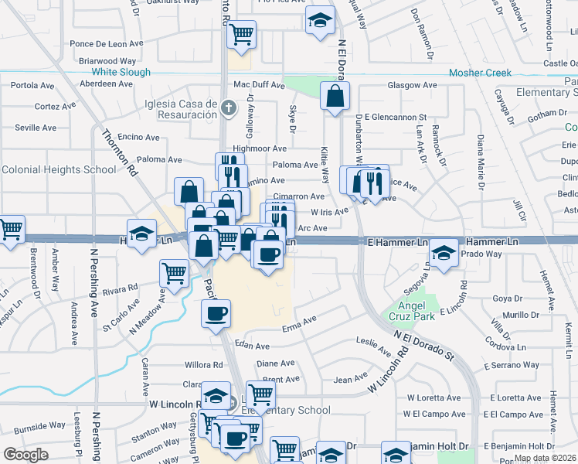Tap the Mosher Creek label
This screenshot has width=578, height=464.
tap(480, 73)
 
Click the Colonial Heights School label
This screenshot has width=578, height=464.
tap(59, 169)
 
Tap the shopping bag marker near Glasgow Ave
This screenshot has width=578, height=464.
tap(335, 98)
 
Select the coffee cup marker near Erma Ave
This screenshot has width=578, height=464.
tap(216, 314)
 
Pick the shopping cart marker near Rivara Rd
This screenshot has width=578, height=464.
tap(174, 273)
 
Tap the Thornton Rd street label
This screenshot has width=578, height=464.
tap(120, 152)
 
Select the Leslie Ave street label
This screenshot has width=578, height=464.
tap(373, 346)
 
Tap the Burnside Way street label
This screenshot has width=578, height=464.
tap(39, 425)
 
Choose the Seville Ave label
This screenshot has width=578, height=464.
tap(36, 128)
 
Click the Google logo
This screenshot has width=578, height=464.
tap(25, 455)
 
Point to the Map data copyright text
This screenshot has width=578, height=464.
tap(544, 459)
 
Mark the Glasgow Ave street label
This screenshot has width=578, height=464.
tap(413, 85)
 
